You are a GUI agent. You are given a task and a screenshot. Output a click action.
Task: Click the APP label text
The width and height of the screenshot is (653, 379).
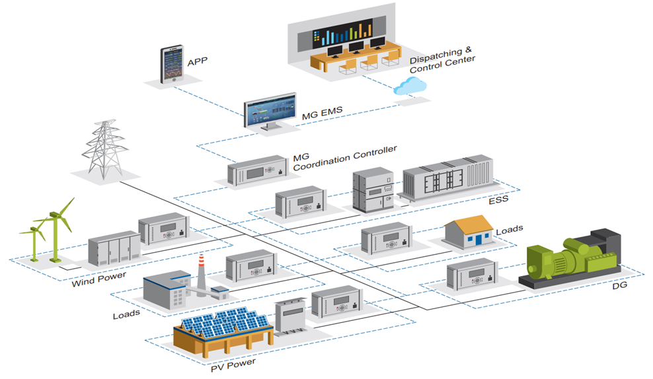[x=198, y=63]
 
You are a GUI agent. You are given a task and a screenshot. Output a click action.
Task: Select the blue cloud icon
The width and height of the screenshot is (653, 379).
[x=410, y=86]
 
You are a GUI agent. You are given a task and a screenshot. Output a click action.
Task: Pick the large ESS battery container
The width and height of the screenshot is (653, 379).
[x=449, y=181]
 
